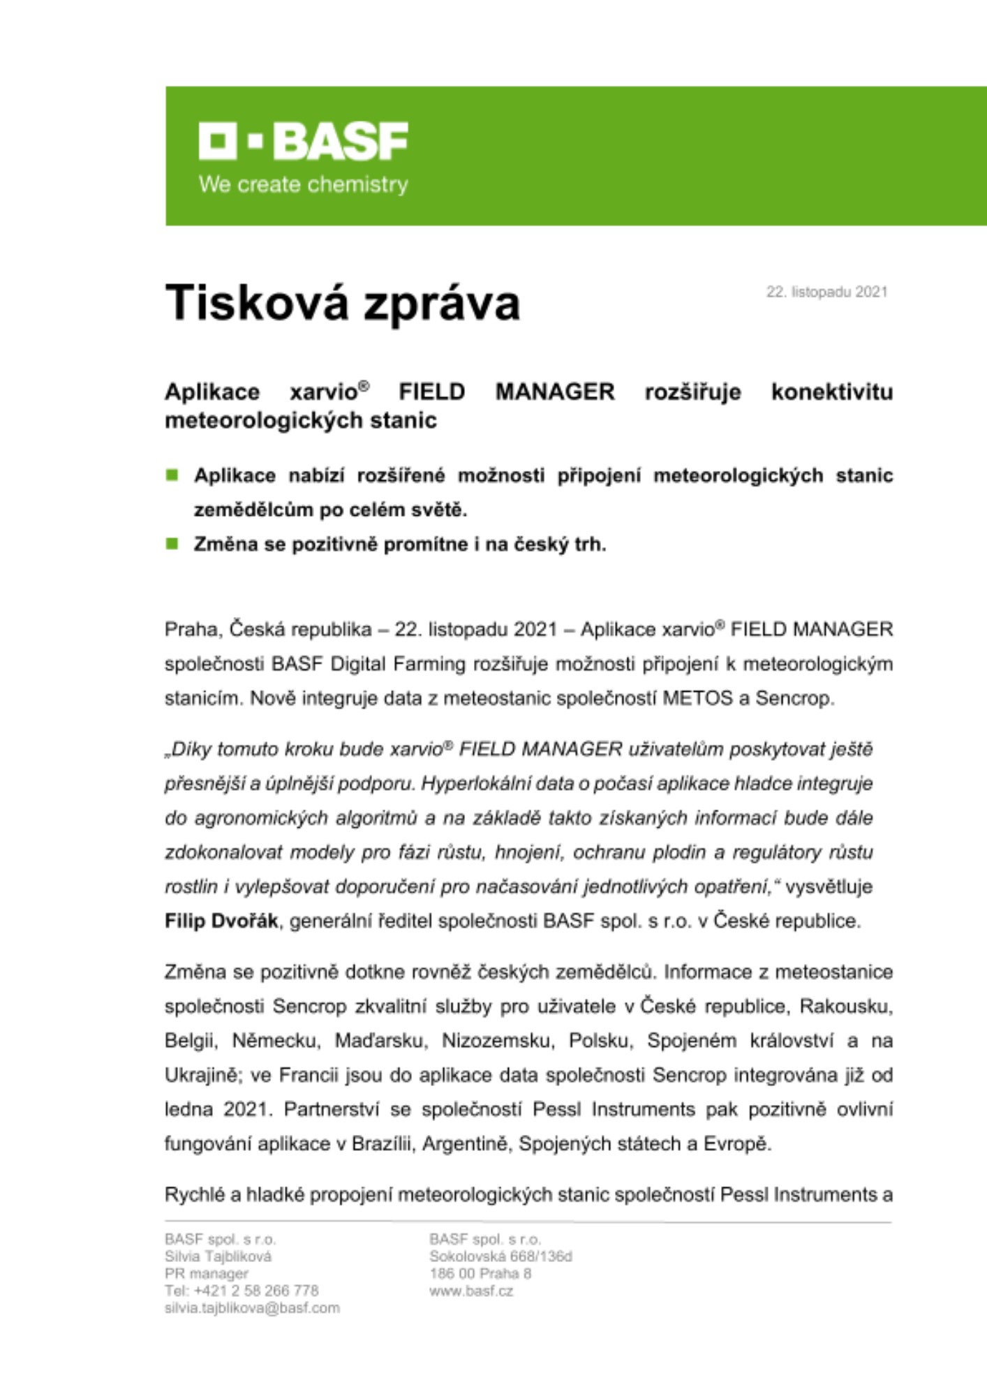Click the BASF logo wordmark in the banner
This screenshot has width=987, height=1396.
point(303,141)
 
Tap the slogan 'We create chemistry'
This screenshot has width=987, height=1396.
point(303,185)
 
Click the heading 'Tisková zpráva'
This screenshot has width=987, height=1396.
point(342,303)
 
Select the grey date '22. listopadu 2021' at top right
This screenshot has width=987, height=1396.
point(826,292)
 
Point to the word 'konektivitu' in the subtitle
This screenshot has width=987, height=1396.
point(831,392)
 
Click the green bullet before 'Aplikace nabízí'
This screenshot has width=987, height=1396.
point(172,475)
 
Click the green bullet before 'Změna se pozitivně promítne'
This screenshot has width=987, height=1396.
point(172,544)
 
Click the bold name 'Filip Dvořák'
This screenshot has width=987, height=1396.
point(221,921)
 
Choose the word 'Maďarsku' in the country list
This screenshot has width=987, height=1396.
point(380,1041)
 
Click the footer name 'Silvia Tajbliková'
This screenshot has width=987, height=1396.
point(218,1256)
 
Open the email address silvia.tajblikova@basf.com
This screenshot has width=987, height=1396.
point(252,1308)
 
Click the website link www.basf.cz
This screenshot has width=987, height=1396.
point(471,1291)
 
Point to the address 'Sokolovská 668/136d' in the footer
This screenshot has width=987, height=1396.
point(500,1256)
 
